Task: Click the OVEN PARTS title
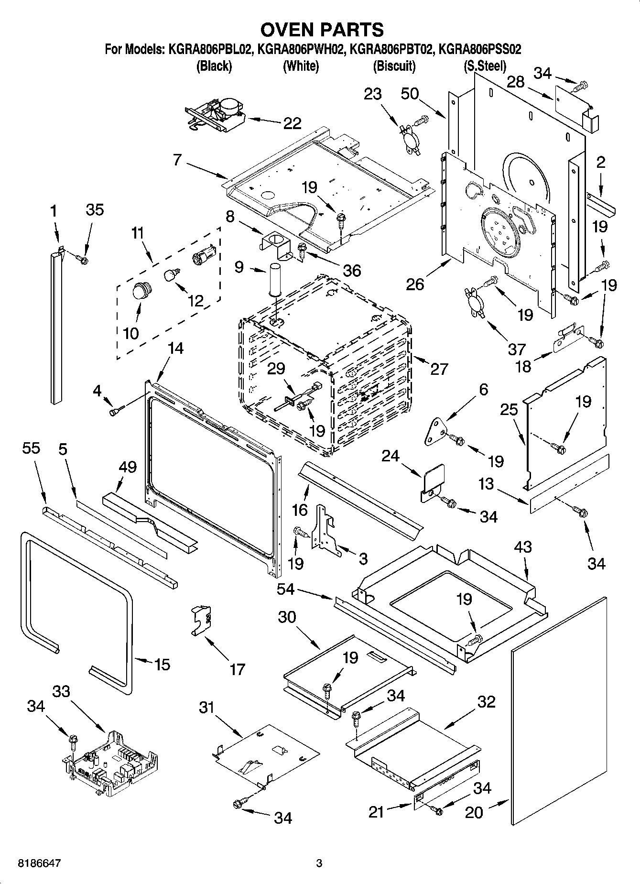322,30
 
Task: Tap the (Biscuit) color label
394,66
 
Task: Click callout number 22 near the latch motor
292,123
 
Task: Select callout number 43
522,546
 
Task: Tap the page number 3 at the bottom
319,863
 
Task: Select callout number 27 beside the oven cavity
439,369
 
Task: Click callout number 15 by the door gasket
162,664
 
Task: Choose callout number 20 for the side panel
474,812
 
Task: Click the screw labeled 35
82,260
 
